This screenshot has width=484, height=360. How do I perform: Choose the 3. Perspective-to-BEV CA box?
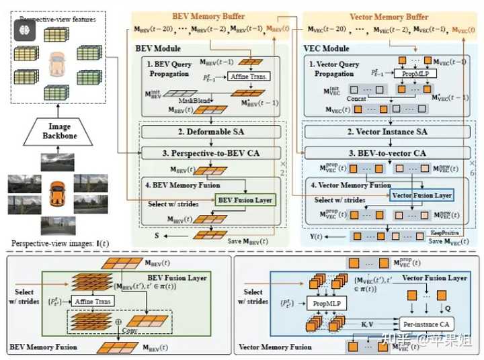[210, 153]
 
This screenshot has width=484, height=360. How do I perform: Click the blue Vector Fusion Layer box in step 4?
[421, 195]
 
